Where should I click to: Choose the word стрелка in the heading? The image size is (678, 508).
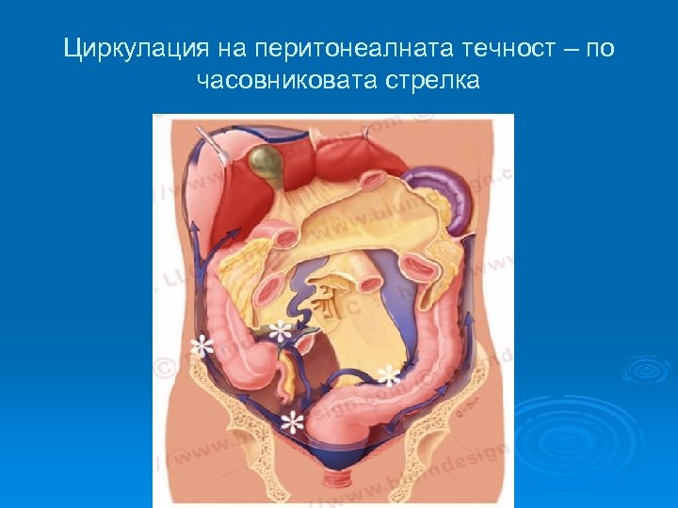click(432, 81)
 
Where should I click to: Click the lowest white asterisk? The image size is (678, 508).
click(295, 421)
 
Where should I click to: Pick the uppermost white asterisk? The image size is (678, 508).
click(280, 331)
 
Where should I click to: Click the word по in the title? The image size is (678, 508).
click(600, 49)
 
